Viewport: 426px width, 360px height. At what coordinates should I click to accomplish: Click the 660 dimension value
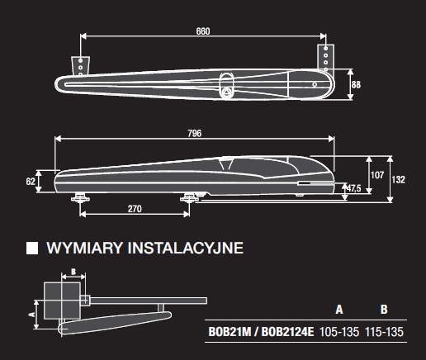203,31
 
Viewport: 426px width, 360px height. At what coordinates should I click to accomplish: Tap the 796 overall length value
195,134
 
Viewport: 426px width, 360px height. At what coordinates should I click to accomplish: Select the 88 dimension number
356,84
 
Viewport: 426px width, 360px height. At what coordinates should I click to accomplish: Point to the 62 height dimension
31,182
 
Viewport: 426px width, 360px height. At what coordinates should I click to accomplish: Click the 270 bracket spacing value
135,209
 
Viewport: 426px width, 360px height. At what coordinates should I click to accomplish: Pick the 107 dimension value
377,175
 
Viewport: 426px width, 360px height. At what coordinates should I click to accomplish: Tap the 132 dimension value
398,179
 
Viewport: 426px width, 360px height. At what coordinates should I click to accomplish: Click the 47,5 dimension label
353,188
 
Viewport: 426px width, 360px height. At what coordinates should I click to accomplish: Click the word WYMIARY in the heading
84,248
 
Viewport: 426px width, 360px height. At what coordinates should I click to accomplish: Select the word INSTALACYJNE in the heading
186,248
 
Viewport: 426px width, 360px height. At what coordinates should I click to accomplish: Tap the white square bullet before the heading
32,248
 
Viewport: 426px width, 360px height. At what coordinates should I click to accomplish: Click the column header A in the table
339,310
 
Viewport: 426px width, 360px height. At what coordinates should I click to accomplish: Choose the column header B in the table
384,310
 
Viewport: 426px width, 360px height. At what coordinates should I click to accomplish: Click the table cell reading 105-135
339,332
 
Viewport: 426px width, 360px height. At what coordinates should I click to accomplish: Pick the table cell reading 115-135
384,332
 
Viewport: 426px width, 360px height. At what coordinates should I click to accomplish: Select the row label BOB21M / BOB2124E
261,332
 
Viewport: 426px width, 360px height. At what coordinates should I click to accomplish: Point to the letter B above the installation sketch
73,272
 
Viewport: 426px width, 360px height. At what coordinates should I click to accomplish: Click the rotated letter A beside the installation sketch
32,314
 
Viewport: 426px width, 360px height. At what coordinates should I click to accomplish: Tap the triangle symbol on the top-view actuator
225,92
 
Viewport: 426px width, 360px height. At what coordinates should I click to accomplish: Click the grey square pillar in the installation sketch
63,301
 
